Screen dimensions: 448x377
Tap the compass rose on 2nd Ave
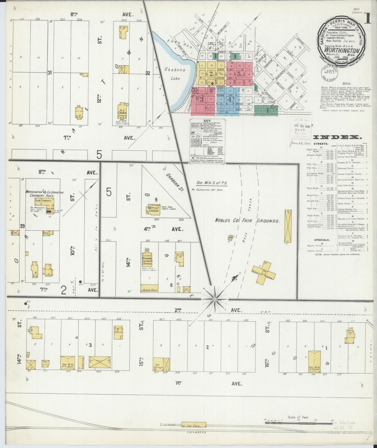214,299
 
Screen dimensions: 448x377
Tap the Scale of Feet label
298,417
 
